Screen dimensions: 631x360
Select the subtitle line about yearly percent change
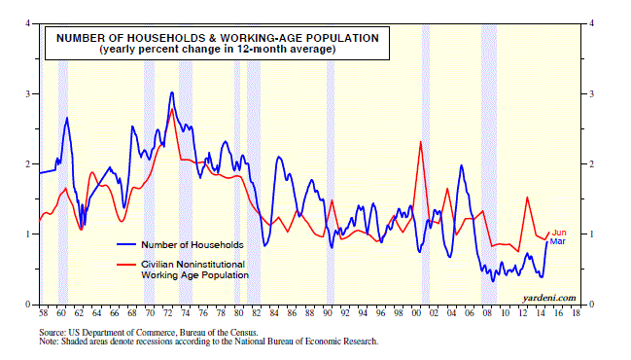218,49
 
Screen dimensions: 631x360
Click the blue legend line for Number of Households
126,244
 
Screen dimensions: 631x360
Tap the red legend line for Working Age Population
126,264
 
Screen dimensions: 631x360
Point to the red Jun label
559,233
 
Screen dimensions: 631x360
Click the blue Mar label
557,241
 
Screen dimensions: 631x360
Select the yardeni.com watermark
549,298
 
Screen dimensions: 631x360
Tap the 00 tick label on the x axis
416,313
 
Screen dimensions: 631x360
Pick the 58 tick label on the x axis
43,313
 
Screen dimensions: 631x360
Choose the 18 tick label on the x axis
576,313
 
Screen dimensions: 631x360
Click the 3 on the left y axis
28,93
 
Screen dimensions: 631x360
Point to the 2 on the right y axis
591,163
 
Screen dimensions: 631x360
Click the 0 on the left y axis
28,305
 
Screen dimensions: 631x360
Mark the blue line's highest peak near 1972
172,92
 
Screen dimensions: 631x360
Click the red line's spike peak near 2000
420,142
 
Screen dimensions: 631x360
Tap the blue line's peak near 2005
461,165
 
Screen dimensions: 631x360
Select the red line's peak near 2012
527,198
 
